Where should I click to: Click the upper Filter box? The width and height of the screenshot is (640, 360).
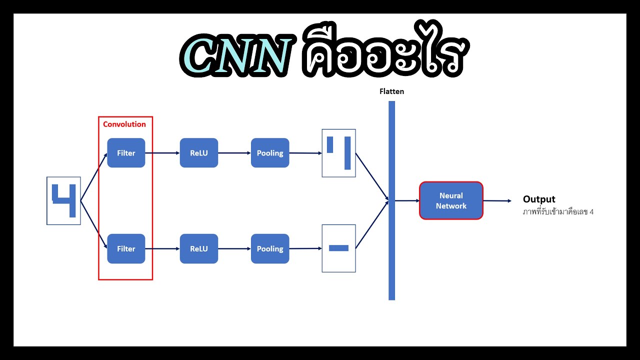[x=126, y=153]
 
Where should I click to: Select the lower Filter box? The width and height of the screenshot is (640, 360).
[x=126, y=248]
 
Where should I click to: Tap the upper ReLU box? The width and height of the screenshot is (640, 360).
[x=198, y=153]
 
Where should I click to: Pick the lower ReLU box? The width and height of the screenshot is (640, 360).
[x=198, y=248]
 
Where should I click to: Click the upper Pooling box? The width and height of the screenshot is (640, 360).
[x=270, y=153]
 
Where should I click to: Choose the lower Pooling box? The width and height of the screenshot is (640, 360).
[x=270, y=248]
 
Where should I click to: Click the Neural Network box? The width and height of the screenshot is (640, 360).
[x=451, y=200]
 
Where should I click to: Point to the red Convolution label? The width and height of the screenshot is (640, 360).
[x=124, y=124]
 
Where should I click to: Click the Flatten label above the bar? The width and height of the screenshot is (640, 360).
[x=391, y=91]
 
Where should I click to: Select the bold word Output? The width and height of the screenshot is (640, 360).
[x=539, y=199]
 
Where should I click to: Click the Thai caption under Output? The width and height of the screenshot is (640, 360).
[x=558, y=211]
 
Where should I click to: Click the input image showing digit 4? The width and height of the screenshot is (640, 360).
[x=63, y=200]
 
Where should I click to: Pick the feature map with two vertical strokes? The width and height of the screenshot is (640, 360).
[x=338, y=153]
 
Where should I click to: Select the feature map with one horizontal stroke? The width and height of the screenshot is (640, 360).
[x=338, y=248]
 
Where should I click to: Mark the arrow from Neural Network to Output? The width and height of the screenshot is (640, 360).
[x=497, y=201]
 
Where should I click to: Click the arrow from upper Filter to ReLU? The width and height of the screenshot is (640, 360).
[x=162, y=153]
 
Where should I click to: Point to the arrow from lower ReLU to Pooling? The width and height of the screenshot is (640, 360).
[x=234, y=248]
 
